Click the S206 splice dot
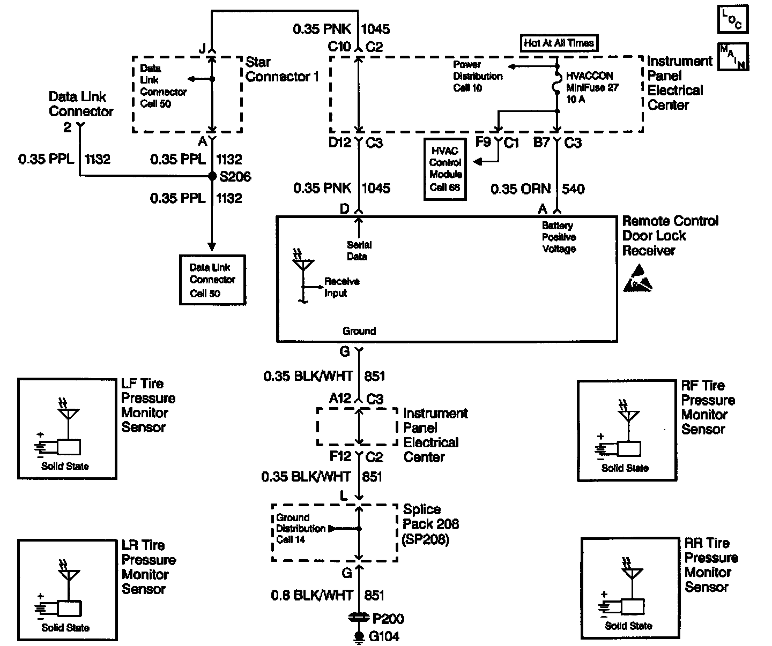(212, 175)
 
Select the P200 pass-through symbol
(358, 618)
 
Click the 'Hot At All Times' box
(559, 43)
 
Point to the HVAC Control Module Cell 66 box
(445, 169)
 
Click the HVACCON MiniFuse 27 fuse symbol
(556, 87)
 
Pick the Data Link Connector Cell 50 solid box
(212, 280)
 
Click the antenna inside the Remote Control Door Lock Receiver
(303, 266)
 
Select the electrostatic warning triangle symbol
(637, 278)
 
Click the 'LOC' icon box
(732, 19)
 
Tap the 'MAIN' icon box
(732, 56)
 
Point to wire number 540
(573, 189)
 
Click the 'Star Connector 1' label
(282, 70)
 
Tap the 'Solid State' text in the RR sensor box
(628, 626)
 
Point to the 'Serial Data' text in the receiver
(358, 251)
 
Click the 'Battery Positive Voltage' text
(559, 237)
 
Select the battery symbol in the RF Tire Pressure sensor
(603, 447)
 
